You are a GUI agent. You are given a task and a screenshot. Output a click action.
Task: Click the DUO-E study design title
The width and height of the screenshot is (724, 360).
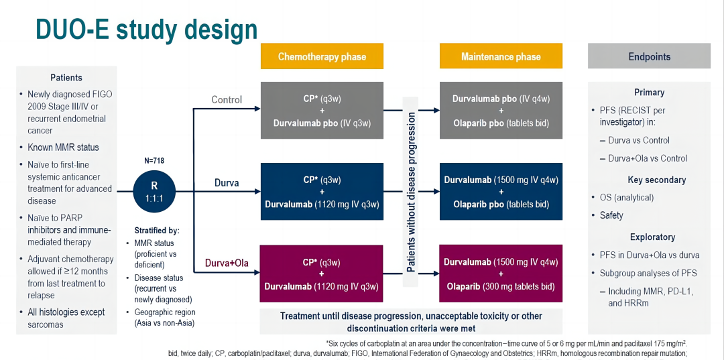pyautogui.click(x=146, y=29)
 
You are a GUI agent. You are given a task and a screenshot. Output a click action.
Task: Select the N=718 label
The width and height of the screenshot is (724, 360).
pyautogui.click(x=155, y=160)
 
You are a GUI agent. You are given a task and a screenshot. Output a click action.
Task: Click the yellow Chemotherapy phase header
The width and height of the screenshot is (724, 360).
pyautogui.click(x=322, y=56)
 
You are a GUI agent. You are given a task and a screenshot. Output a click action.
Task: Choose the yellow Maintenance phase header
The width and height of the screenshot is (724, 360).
pyautogui.click(x=501, y=56)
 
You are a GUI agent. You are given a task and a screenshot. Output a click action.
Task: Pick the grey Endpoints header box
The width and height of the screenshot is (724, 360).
pyautogui.click(x=649, y=56)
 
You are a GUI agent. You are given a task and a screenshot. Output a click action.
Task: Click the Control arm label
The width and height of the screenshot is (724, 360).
pyautogui.click(x=227, y=100)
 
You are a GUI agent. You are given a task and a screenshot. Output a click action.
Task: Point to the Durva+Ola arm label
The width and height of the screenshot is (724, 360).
pyautogui.click(x=226, y=263)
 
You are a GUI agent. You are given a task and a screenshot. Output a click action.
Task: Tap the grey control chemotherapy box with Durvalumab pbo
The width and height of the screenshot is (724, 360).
pyautogui.click(x=322, y=111)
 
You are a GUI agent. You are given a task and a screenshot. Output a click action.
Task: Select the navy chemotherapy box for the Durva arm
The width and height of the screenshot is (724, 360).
pyautogui.click(x=322, y=192)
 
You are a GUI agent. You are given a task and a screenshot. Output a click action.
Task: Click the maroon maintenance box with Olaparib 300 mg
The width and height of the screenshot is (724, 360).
pyautogui.click(x=501, y=274)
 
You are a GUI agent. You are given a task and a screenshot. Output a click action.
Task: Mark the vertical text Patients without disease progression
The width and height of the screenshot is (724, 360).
pyautogui.click(x=411, y=192)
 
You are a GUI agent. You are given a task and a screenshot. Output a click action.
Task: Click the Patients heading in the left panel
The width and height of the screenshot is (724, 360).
pyautogui.click(x=66, y=78)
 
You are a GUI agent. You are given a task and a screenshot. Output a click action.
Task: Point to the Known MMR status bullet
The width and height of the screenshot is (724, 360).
pyautogui.click(x=63, y=147)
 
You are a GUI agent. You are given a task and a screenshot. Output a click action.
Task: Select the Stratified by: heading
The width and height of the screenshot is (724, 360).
pyautogui.click(x=151, y=230)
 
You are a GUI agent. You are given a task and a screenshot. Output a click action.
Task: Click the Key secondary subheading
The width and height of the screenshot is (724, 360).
pyautogui.click(x=648, y=180)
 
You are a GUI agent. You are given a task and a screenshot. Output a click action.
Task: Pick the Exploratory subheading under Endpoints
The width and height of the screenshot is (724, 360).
pyautogui.click(x=652, y=237)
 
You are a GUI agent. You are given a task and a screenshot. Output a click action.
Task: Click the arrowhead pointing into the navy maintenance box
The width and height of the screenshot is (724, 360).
pyautogui.click(x=436, y=192)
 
